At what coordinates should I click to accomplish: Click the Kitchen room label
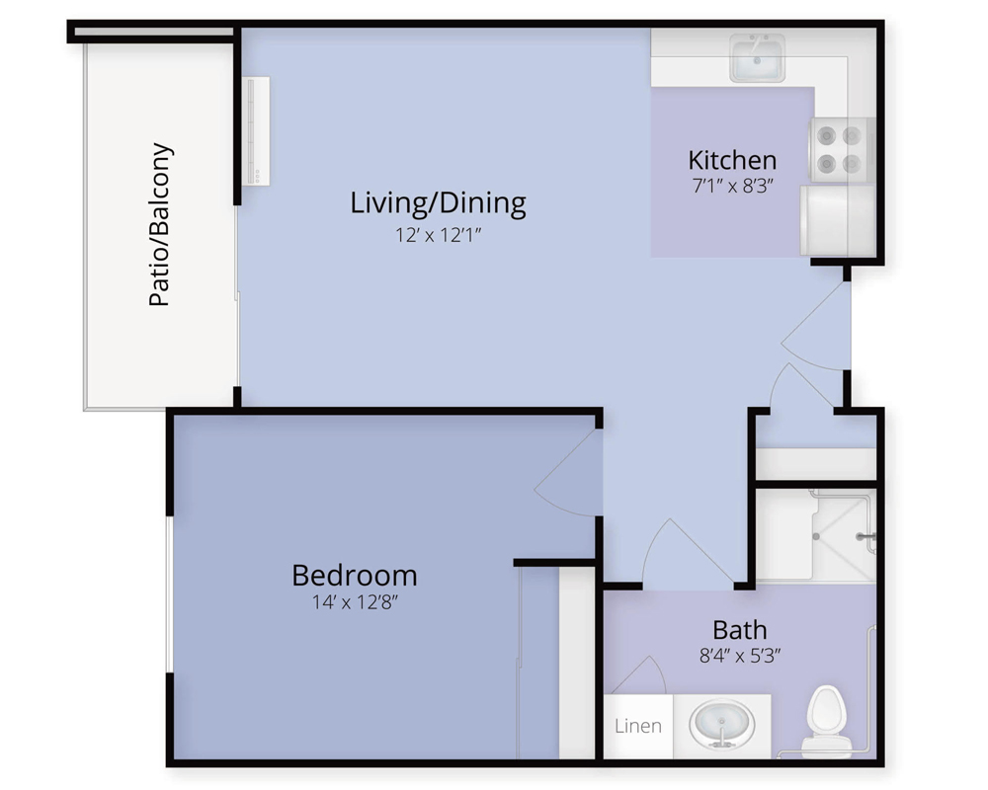coord(732,160)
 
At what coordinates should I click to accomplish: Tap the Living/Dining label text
coord(438,203)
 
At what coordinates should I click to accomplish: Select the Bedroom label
coord(355,575)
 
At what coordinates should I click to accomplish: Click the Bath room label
coord(740,629)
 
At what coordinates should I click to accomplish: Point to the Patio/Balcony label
coord(160,225)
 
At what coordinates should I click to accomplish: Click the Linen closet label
coord(638,726)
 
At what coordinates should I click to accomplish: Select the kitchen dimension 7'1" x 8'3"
coord(732,186)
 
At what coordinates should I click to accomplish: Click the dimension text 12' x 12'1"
coord(438,235)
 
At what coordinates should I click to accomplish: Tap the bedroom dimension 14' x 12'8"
coord(355,602)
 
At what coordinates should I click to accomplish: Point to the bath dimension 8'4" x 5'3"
coord(740,656)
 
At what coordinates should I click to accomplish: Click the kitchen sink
coord(757,58)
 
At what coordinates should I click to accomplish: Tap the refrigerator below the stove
coord(838,220)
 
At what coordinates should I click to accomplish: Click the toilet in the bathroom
coord(826,721)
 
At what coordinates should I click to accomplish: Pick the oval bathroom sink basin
coord(721,723)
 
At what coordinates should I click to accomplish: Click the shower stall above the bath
coord(815,535)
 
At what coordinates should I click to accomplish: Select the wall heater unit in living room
coord(256,131)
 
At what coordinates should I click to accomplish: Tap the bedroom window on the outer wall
coord(169,594)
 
